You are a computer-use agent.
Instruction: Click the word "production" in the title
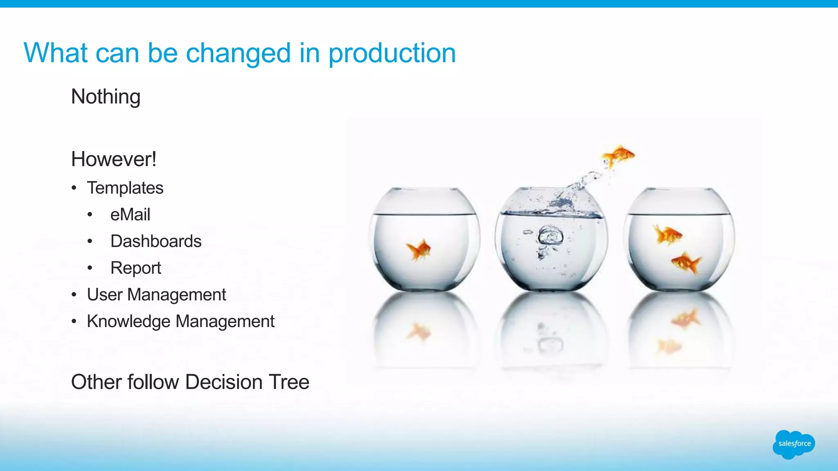click(392, 54)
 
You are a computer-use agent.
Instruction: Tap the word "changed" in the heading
click(238, 54)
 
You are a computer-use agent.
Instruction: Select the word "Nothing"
click(106, 97)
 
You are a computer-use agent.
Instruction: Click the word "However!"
click(114, 159)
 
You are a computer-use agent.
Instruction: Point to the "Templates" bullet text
click(125, 188)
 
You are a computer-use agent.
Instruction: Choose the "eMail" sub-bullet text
click(130, 215)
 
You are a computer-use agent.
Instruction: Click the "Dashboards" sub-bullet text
click(156, 241)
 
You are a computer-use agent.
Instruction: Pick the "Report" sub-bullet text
click(136, 268)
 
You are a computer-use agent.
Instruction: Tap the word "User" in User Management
click(104, 295)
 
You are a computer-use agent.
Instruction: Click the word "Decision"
click(223, 382)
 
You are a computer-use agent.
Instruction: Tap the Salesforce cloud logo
click(794, 444)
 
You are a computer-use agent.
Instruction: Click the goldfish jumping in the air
click(618, 155)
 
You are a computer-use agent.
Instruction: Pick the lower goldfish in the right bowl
click(686, 262)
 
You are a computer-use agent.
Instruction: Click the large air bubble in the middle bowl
click(550, 236)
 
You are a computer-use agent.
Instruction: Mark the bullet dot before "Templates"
click(74, 188)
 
